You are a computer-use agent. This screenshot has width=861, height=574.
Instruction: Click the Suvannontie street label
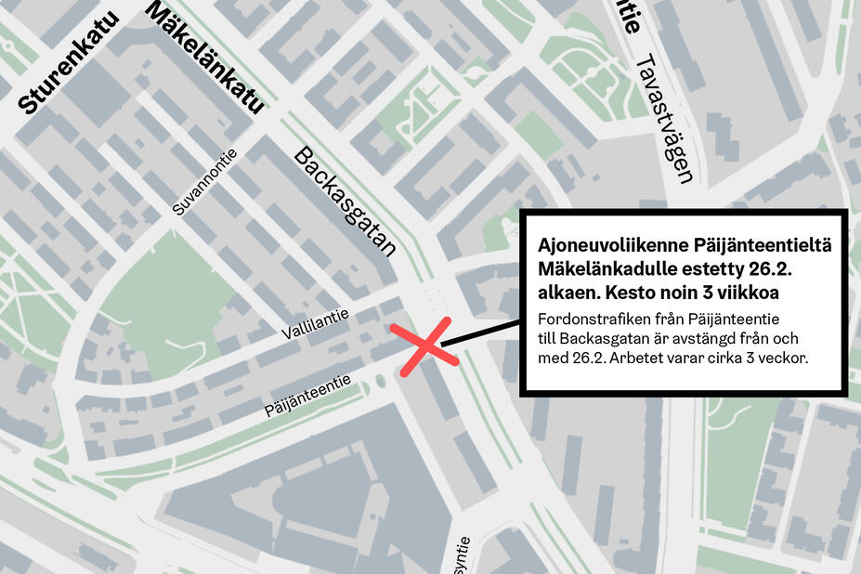206,183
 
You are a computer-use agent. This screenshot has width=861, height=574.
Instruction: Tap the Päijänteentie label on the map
307,395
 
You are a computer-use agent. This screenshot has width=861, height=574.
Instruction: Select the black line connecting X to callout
479,333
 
